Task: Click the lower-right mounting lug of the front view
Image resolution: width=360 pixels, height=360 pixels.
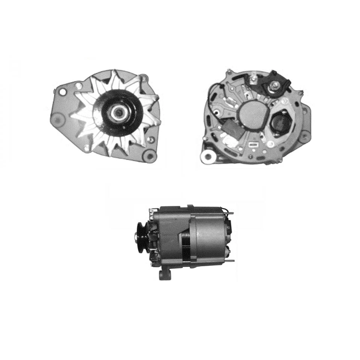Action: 150,155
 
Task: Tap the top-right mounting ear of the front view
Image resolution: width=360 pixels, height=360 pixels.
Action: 144,79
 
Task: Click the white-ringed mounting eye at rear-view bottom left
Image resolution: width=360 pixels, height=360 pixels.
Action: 207,156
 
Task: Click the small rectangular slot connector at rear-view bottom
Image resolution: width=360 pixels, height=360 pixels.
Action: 254,144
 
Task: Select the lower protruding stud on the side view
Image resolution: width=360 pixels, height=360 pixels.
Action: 231,261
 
